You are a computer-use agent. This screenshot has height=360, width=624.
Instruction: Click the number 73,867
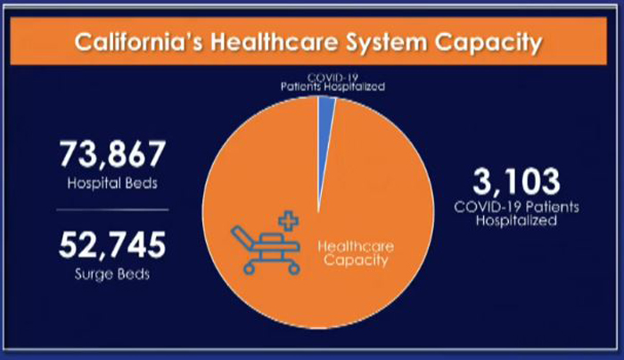[112, 154]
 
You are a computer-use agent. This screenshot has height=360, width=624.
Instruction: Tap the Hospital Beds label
[112, 184]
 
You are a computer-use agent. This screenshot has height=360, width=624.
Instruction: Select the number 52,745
[112, 245]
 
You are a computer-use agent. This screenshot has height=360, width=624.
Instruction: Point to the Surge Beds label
[112, 274]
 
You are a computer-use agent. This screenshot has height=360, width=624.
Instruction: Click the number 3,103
[516, 182]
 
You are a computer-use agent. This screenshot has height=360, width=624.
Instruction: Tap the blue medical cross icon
[289, 221]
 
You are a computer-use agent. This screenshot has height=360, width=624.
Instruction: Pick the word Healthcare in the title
[275, 42]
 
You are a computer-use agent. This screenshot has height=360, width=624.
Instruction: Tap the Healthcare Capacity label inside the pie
[356, 253]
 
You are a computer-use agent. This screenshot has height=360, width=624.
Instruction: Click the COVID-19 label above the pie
[333, 77]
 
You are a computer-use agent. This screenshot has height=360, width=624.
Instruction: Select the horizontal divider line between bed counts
[112, 209]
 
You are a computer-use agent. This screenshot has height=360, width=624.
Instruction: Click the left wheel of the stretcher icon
[249, 269]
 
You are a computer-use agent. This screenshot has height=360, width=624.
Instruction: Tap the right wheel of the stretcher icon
[294, 269]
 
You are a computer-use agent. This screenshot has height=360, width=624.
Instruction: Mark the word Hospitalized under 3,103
[516, 220]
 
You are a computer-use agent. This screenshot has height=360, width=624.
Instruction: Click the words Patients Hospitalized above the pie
[333, 86]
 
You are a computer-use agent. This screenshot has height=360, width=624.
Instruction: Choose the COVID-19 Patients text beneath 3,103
[516, 207]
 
